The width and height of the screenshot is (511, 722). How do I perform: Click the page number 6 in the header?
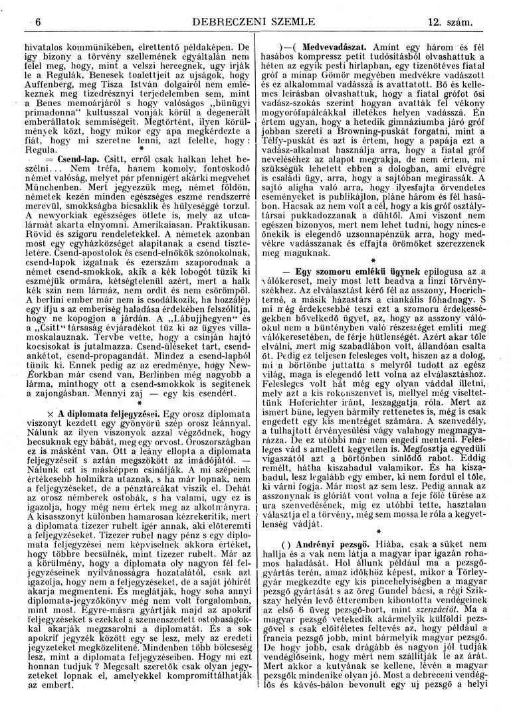point(39,23)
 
